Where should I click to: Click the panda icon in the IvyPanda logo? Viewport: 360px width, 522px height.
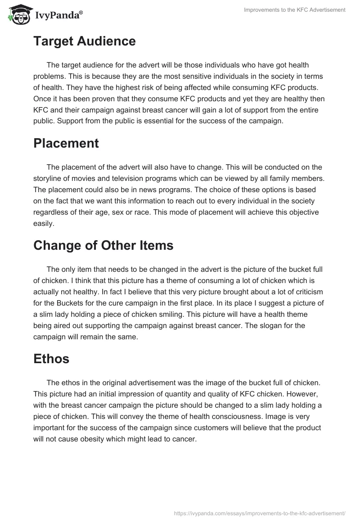point(18,15)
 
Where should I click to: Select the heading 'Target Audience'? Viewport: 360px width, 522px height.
point(84,41)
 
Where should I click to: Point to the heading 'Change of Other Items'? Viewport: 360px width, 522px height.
point(103,246)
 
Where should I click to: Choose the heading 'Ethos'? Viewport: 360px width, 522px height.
point(51,359)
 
